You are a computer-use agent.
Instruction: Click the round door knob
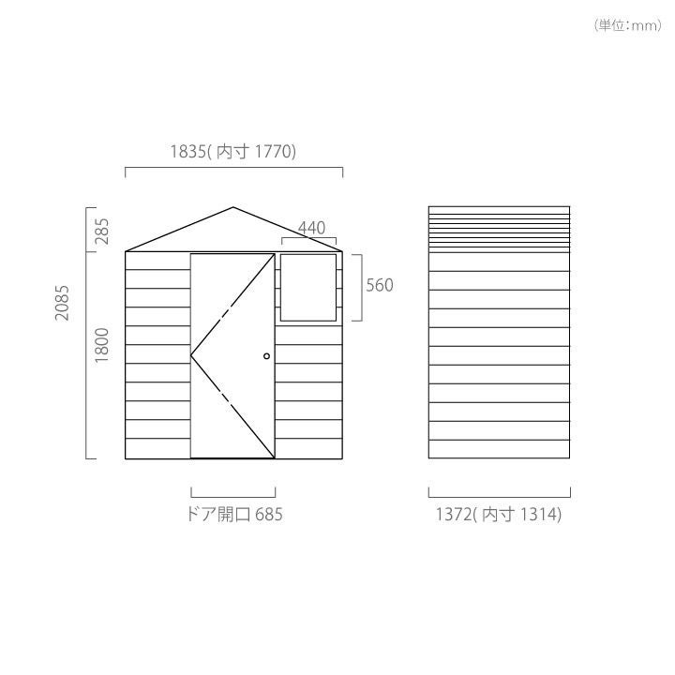tap(266, 356)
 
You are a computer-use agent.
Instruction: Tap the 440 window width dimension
tap(311, 228)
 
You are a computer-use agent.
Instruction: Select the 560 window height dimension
tap(380, 285)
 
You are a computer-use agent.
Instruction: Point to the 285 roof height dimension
tap(102, 232)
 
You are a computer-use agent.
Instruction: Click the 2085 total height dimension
tap(62, 303)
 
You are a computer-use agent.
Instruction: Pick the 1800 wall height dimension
tap(102, 345)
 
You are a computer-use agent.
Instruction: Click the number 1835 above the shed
tap(188, 152)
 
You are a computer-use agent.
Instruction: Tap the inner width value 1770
tap(274, 152)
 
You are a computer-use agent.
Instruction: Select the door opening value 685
tap(269, 515)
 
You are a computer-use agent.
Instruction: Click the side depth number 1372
tap(454, 515)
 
